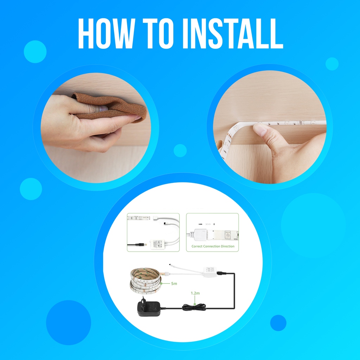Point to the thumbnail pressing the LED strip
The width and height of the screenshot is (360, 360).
(261, 130)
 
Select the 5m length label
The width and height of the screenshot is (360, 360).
(174, 283)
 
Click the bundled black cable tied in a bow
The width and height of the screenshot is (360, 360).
(194, 307)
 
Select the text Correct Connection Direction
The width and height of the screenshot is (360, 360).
(213, 246)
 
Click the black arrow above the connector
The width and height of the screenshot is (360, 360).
(200, 224)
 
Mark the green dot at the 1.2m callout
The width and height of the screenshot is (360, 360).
(194, 304)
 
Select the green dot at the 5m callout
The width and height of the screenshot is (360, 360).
(161, 283)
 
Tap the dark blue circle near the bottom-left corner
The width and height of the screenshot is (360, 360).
(69, 322)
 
